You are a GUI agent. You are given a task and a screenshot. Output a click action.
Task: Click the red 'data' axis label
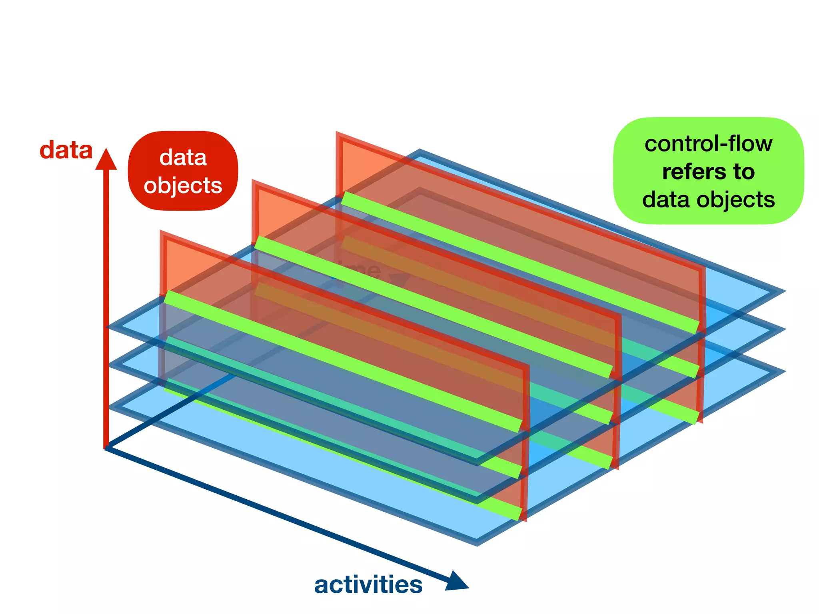pyautogui.click(x=66, y=150)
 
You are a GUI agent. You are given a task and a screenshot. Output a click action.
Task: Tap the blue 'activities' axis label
pyautogui.click(x=368, y=585)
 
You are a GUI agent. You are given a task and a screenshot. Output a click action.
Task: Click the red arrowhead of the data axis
pyautogui.click(x=106, y=160)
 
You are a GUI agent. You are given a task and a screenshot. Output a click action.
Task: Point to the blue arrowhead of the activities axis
pyautogui.click(x=456, y=582)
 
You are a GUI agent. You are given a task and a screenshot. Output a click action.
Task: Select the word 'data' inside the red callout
pyautogui.click(x=183, y=157)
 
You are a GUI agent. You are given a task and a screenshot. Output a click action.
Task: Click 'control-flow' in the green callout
pyautogui.click(x=708, y=144)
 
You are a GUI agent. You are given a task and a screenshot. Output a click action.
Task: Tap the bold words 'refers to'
pyautogui.click(x=708, y=172)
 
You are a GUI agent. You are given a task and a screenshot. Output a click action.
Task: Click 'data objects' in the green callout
pyautogui.click(x=708, y=199)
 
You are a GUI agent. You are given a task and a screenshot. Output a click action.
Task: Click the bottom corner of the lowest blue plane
pyautogui.click(x=477, y=543)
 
